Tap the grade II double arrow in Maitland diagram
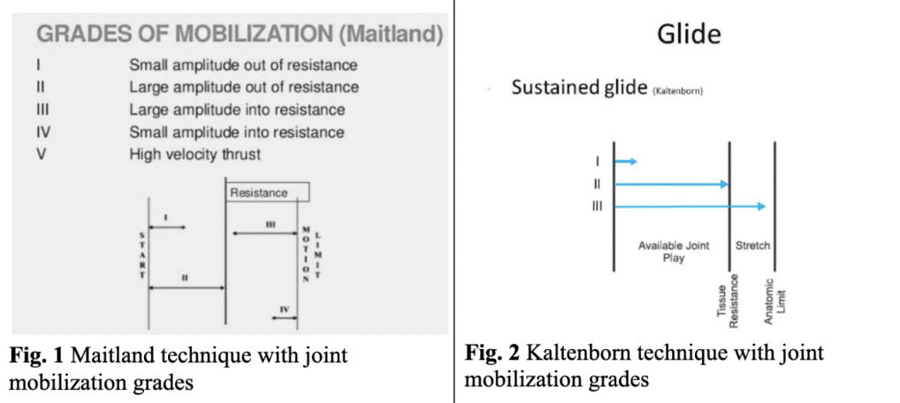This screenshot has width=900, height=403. click(x=187, y=287)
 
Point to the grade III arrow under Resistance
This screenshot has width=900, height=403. click(x=266, y=233)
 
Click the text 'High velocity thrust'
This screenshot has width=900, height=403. click(x=195, y=155)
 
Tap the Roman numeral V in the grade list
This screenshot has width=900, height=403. click(x=41, y=155)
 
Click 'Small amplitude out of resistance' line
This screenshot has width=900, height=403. click(x=243, y=65)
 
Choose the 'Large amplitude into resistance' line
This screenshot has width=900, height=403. click(x=237, y=110)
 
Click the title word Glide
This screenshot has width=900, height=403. click(x=689, y=34)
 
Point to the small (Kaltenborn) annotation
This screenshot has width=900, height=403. click(x=677, y=92)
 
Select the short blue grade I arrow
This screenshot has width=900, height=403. click(x=626, y=162)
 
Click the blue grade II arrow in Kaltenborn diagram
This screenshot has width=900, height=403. click(x=671, y=184)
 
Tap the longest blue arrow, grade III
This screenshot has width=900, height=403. click(x=690, y=206)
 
